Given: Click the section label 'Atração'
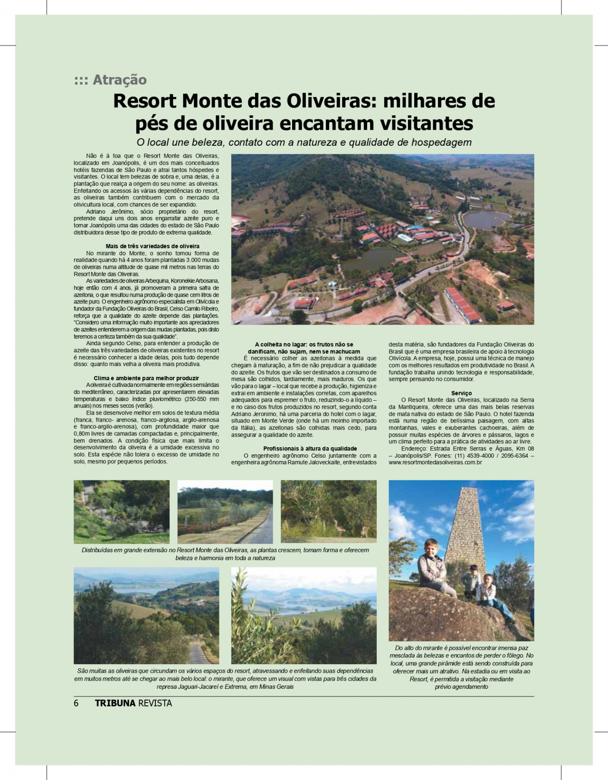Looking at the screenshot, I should coord(120,80).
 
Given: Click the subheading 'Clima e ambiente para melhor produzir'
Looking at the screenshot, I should coord(146,378).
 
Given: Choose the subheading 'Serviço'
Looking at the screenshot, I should coord(461,393).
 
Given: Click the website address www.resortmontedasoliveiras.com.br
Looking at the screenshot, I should coord(435,462).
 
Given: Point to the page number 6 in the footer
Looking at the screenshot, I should coord(76,703).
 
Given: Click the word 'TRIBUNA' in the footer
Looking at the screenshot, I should coord(115,703).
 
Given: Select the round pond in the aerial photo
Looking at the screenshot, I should coord(484,220).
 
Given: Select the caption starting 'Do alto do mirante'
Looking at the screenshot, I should coord(461,667).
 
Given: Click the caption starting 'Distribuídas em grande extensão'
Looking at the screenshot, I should coord(225,554).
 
